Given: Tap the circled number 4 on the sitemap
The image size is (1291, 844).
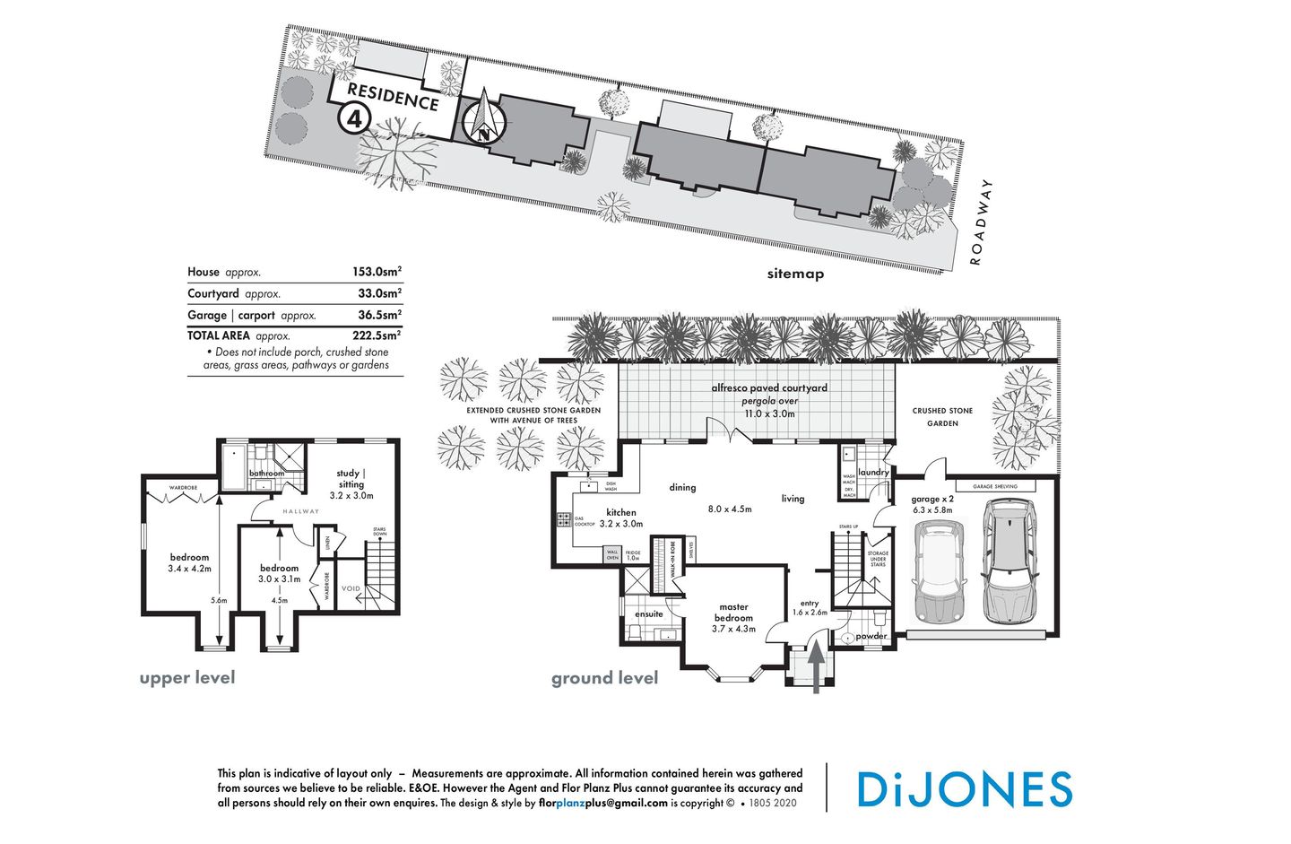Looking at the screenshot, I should point(354,117).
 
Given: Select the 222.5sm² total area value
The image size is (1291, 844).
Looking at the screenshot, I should point(379,335).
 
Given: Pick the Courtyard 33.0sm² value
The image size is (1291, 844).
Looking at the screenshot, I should point(379,293).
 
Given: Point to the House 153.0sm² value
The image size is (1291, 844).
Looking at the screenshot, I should point(377,272).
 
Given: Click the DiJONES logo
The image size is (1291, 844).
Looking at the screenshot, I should point(964,788).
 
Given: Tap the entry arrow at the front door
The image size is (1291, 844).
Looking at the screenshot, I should point(817,665).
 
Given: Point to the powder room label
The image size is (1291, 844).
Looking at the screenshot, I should point(871,636).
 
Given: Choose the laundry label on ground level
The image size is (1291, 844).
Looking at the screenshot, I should point(873,472).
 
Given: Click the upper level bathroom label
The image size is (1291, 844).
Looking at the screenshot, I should point(266,474).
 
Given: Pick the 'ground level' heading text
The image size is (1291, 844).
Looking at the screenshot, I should point(604,678).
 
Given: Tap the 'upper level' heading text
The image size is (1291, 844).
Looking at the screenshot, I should point(187,677).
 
